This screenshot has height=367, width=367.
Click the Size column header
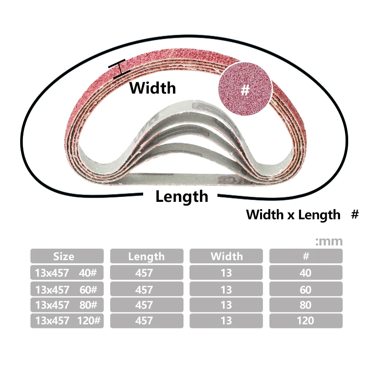pyautogui.click(x=67, y=256)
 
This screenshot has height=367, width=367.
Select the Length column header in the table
pyautogui.click(x=146, y=256)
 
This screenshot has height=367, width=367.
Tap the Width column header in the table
pyautogui.click(x=226, y=256)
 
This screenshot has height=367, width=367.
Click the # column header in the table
pyautogui.click(x=306, y=256)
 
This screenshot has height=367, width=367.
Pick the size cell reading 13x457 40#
pyautogui.click(x=67, y=273)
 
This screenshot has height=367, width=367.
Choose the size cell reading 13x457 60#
pyautogui.click(x=67, y=289)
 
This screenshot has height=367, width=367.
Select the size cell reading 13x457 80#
pyautogui.click(x=67, y=305)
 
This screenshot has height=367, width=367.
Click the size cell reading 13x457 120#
pyautogui.click(x=67, y=320)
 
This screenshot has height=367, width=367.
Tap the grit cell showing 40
pyautogui.click(x=306, y=273)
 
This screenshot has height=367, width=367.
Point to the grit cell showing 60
pyautogui.click(x=306, y=289)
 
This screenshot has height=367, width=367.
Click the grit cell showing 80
pyautogui.click(x=306, y=305)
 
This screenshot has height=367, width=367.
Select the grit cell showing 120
pyautogui.click(x=306, y=320)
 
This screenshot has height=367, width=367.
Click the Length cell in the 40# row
pyautogui.click(x=146, y=273)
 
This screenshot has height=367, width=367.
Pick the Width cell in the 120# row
pyautogui.click(x=226, y=320)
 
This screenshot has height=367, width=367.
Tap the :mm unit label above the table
pyautogui.click(x=329, y=241)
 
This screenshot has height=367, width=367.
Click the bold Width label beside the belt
pyautogui.click(x=153, y=87)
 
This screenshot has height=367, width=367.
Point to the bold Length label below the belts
pyautogui.click(x=182, y=197)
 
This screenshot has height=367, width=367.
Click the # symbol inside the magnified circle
pyautogui.click(x=245, y=90)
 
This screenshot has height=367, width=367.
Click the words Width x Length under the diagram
pyautogui.click(x=293, y=214)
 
